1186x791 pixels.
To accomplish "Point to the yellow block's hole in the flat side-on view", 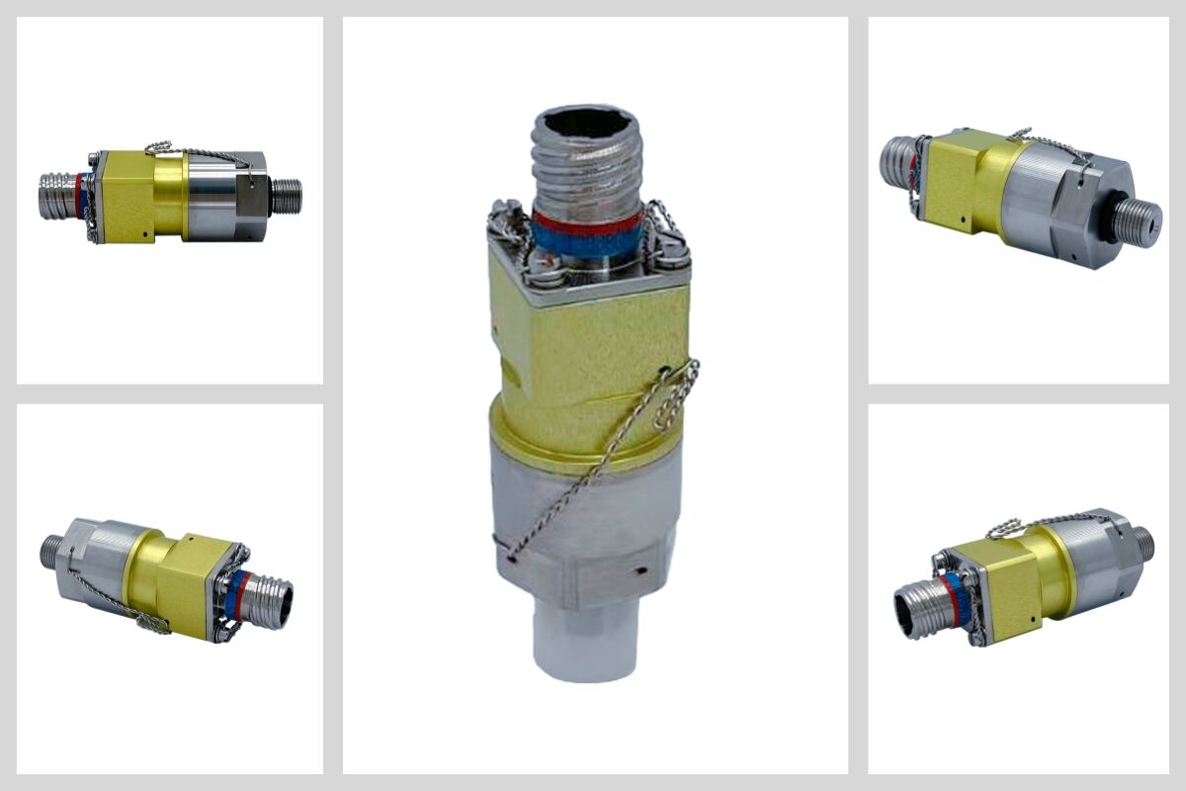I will coord(146,234).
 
